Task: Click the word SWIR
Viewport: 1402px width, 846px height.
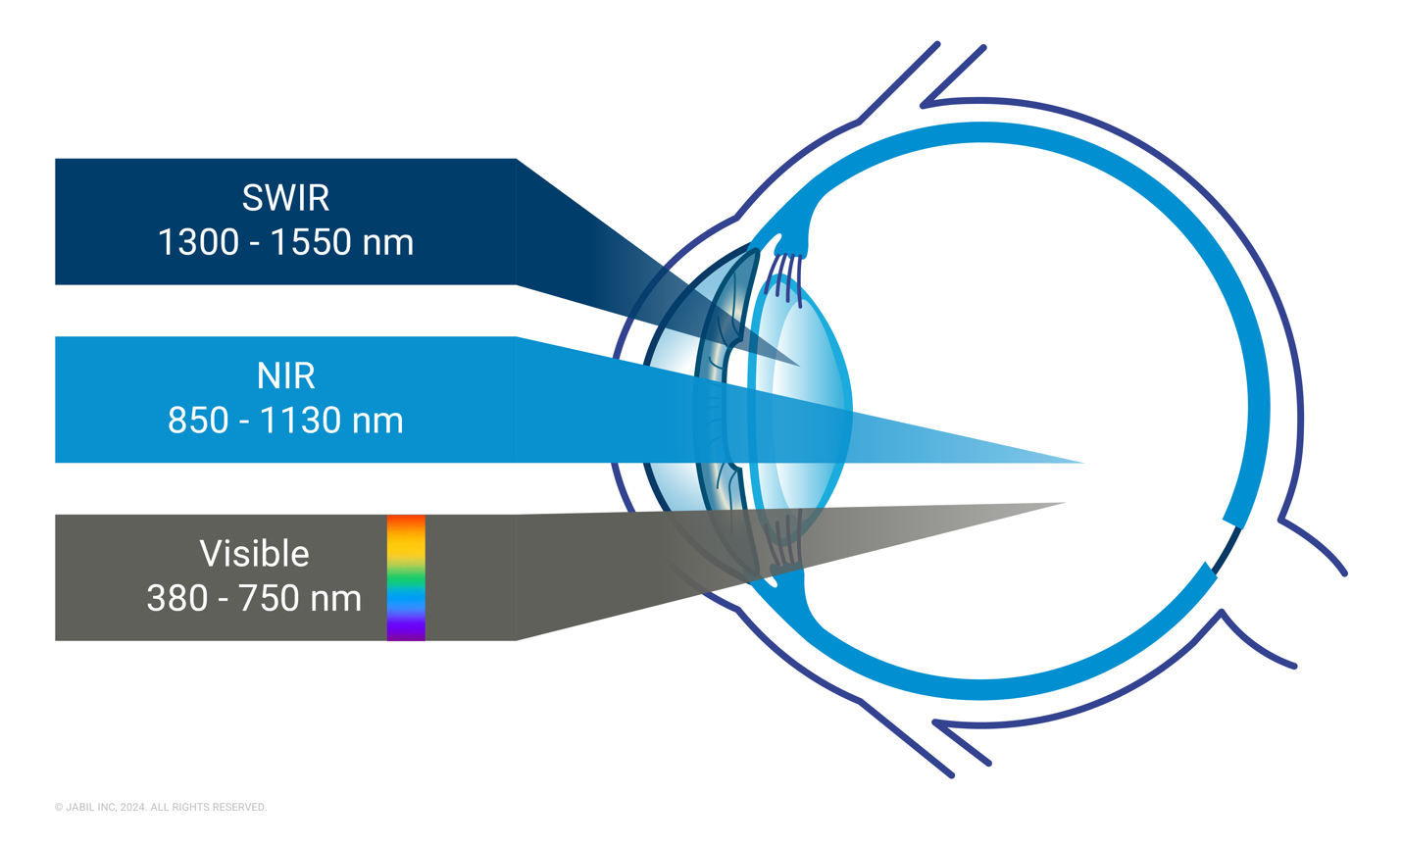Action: (x=285, y=198)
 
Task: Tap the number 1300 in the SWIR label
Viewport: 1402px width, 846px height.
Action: (x=198, y=242)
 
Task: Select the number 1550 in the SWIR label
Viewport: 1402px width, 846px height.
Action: (x=311, y=242)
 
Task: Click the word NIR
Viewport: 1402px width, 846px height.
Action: (x=285, y=376)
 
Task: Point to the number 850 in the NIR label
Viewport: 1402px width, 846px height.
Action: (x=198, y=420)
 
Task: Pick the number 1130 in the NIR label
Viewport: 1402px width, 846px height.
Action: (x=300, y=420)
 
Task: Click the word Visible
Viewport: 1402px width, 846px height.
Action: (x=254, y=554)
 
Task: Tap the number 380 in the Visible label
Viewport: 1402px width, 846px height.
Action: (x=177, y=598)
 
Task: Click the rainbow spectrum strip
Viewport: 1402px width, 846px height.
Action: (x=406, y=577)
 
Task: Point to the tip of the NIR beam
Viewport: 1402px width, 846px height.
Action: (x=1083, y=463)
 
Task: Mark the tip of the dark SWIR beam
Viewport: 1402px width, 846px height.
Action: (x=800, y=366)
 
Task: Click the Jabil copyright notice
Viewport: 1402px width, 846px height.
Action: (x=161, y=807)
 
